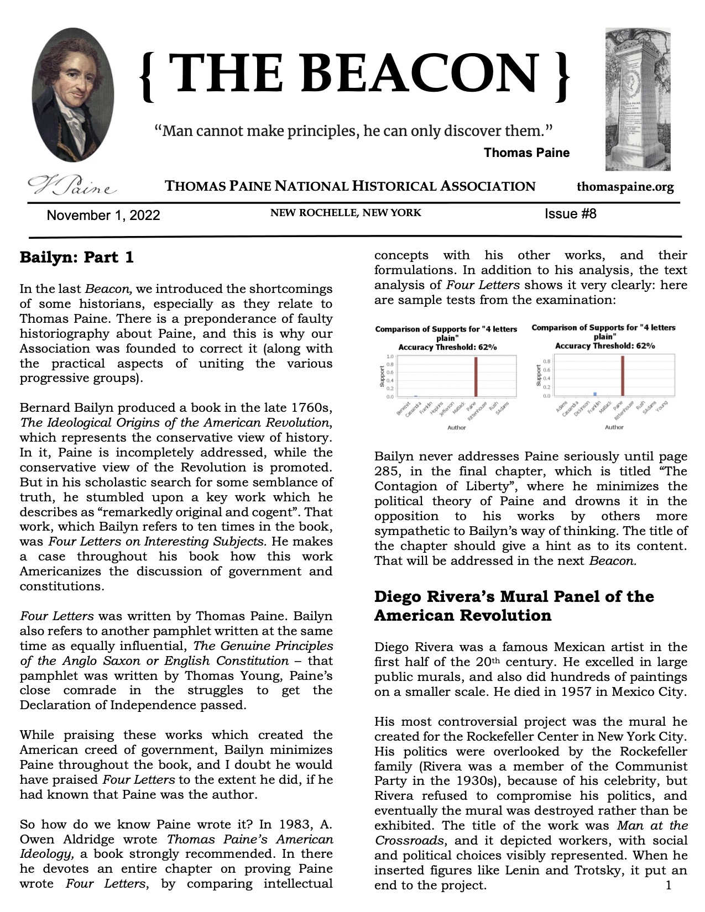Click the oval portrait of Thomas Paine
pyautogui.click(x=73, y=95)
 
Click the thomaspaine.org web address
pyautogui.click(x=625, y=187)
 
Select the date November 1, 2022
pyautogui.click(x=103, y=216)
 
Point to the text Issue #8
pyautogui.click(x=570, y=214)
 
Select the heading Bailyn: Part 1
pyautogui.click(x=77, y=258)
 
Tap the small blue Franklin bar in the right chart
pyautogui.click(x=595, y=394)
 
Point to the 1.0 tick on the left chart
pyautogui.click(x=390, y=357)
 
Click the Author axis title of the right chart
pyautogui.click(x=614, y=427)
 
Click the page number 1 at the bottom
pyautogui.click(x=669, y=886)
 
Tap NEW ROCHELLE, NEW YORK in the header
pyautogui.click(x=346, y=213)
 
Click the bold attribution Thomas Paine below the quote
pyautogui.click(x=526, y=153)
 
